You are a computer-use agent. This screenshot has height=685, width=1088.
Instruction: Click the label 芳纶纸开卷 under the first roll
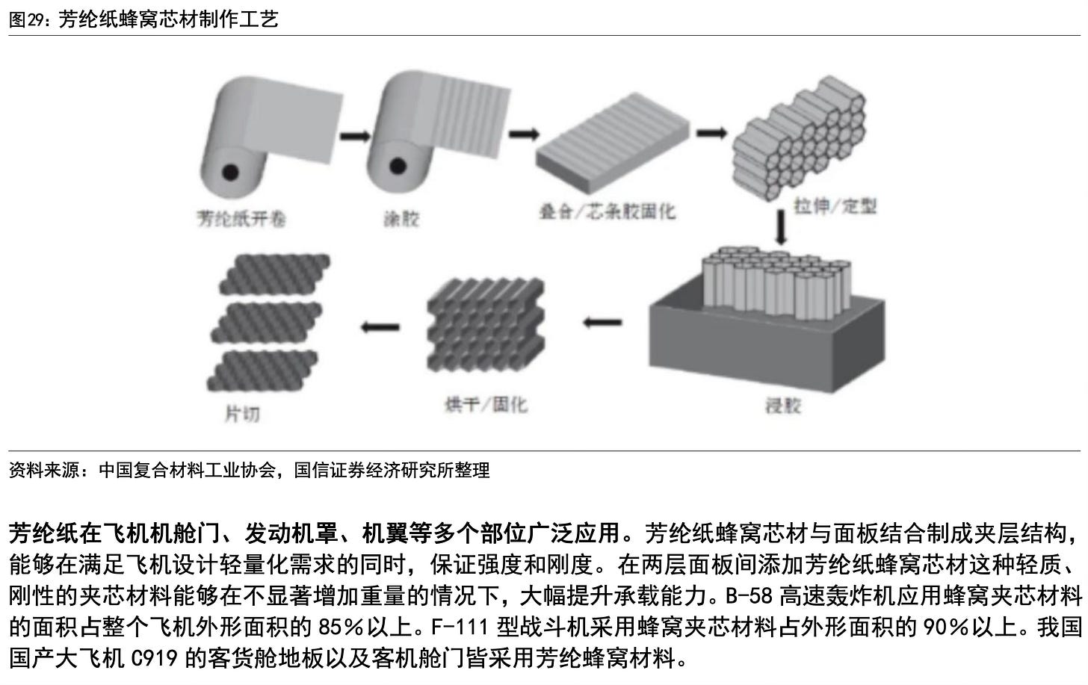(x=241, y=218)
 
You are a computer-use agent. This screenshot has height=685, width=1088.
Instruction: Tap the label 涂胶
(x=401, y=219)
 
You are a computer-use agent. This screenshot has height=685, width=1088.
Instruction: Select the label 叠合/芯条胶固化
(x=607, y=211)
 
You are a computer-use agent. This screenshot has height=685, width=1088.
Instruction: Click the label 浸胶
(x=782, y=406)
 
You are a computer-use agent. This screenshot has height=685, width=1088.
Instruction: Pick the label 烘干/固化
(x=486, y=405)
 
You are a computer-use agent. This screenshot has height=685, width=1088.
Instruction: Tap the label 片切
(x=242, y=412)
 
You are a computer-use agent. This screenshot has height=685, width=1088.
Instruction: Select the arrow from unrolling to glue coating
(x=355, y=136)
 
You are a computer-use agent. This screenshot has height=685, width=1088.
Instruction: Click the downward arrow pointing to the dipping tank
(x=782, y=228)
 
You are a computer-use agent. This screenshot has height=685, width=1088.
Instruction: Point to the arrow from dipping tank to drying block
(x=602, y=323)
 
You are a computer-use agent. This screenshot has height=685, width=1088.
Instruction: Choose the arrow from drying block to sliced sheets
(x=380, y=326)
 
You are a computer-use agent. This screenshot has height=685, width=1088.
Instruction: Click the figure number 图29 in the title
(x=28, y=19)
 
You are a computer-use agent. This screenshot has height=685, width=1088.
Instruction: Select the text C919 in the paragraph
(x=154, y=659)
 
